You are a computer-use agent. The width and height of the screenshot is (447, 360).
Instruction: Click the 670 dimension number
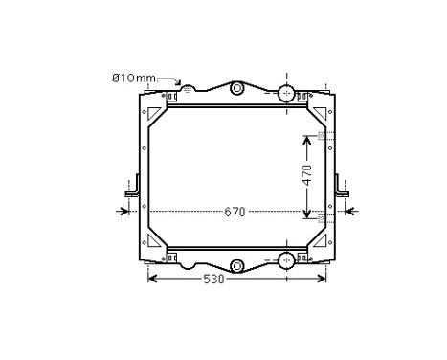click(x=235, y=212)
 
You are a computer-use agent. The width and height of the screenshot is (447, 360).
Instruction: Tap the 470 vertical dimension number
click(x=307, y=175)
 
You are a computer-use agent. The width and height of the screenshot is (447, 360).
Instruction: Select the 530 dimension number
click(x=213, y=280)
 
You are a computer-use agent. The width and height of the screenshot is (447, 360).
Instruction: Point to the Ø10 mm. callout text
click(x=135, y=78)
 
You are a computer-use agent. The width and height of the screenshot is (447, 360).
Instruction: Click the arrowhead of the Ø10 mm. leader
click(x=178, y=83)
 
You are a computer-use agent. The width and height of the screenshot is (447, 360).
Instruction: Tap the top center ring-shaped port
click(x=236, y=88)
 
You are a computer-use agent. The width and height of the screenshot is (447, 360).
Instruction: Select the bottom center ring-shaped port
click(x=236, y=265)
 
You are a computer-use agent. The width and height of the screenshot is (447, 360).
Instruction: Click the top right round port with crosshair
click(x=286, y=93)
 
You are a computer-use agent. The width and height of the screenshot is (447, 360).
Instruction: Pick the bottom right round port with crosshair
click(x=286, y=260)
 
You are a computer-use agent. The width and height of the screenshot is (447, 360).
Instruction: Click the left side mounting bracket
click(x=133, y=190)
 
